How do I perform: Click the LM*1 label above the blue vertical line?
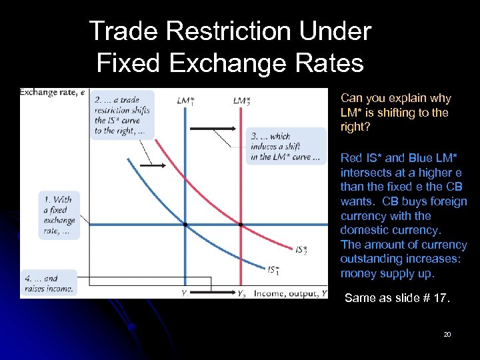click(x=186, y=101)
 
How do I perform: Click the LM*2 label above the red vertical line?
click(x=242, y=101)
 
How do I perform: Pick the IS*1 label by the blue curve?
click(x=274, y=270)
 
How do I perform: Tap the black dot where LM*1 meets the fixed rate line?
click(x=185, y=224)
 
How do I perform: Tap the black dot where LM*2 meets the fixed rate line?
click(x=241, y=224)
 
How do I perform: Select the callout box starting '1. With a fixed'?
click(x=59, y=215)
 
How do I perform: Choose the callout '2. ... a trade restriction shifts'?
click(x=123, y=114)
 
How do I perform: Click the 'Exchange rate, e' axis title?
click(x=52, y=91)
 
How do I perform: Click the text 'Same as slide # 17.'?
click(x=397, y=298)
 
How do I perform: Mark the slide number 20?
click(x=447, y=334)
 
